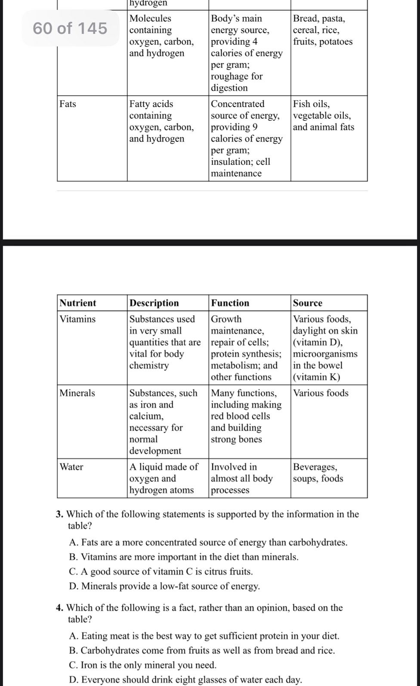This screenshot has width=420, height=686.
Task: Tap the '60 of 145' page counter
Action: click(70, 28)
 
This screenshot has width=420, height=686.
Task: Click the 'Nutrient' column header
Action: click(78, 303)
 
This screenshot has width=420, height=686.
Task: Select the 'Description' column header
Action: click(154, 303)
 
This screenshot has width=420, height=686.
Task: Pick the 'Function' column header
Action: click(230, 303)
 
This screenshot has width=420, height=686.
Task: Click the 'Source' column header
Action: click(308, 303)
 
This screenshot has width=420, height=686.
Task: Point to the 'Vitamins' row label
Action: click(77, 319)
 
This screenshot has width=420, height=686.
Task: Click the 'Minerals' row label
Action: click(77, 393)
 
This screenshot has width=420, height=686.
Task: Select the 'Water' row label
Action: click(71, 467)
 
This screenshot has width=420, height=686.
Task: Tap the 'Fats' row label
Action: click(68, 104)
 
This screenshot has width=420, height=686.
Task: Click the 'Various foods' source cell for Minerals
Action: click(321, 393)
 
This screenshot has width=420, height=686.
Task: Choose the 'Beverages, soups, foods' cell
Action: click(318, 473)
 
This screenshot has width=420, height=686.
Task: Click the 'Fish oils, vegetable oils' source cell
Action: click(323, 116)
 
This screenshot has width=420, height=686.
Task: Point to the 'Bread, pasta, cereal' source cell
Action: click(322, 30)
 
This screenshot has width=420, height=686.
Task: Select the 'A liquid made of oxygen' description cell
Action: click(164, 478)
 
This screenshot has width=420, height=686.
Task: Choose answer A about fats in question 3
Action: click(208, 542)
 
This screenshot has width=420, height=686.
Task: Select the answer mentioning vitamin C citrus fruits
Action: click(161, 572)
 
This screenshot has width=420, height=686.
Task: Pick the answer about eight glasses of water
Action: click(185, 680)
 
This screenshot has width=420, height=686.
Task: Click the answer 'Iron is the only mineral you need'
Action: click(143, 665)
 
